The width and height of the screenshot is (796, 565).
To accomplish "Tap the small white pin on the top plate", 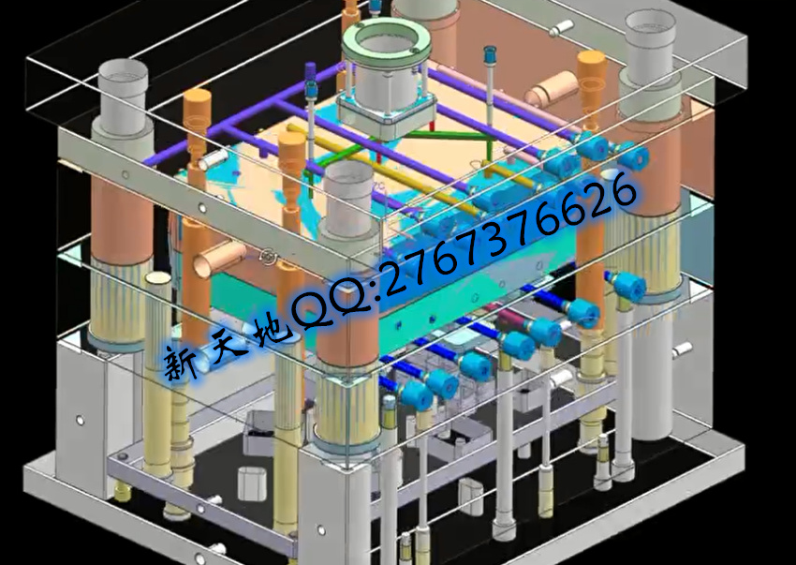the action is pyautogui.click(x=561, y=27).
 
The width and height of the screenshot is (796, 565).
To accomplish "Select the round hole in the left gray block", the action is pyautogui.click(x=80, y=420).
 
